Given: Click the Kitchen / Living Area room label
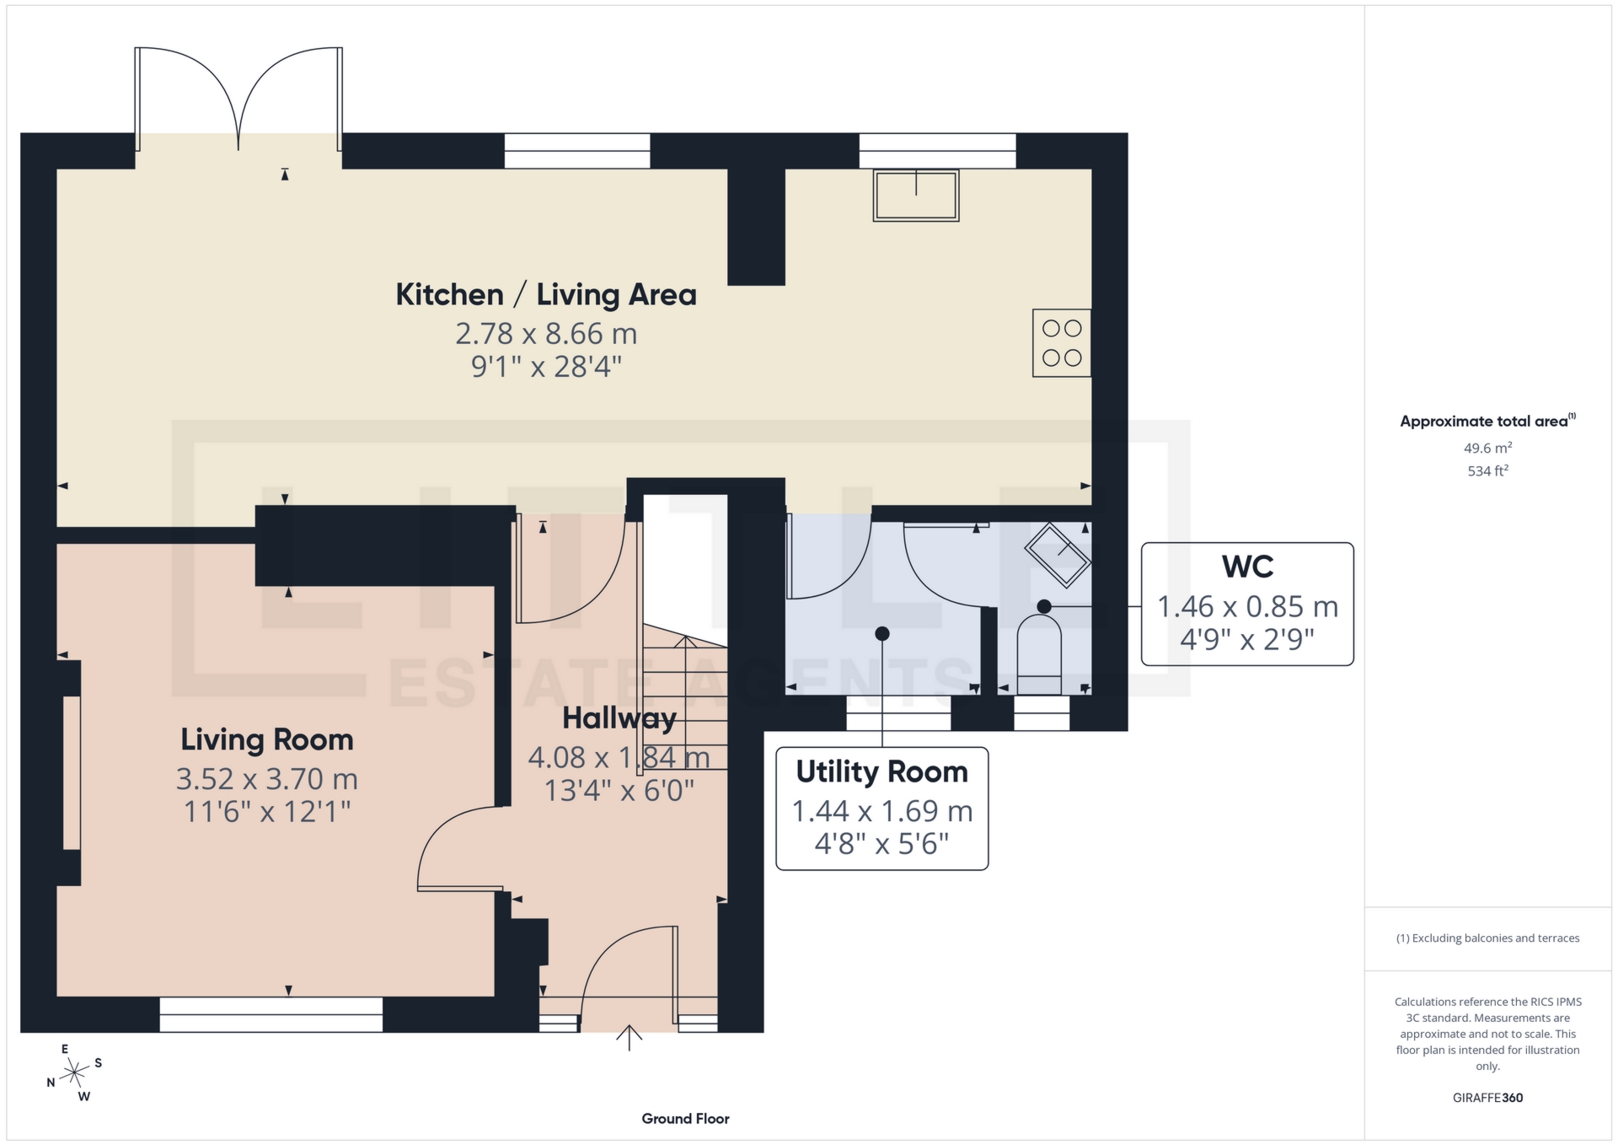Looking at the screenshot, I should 546,295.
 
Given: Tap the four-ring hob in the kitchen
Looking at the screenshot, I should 1061,342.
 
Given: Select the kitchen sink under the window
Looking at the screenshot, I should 915,195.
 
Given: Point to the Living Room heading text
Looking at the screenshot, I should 266,739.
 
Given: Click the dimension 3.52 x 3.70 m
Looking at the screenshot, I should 266,778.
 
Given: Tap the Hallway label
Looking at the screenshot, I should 619,718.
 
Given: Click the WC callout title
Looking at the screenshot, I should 1246,567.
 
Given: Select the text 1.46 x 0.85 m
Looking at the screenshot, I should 1246,606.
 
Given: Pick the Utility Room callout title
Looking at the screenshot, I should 881,771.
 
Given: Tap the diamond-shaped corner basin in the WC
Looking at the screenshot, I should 1058,554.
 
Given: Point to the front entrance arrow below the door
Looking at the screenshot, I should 629,1037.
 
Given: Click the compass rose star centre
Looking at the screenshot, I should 75,1072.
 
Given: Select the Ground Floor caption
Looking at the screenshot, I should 685,1119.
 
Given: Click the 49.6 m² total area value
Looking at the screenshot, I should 1487,448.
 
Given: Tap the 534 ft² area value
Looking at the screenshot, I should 1487,470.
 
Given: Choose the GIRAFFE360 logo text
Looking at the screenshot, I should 1487,1098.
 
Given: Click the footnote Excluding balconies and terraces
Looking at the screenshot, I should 1487,938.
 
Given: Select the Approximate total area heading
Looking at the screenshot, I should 1484,421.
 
